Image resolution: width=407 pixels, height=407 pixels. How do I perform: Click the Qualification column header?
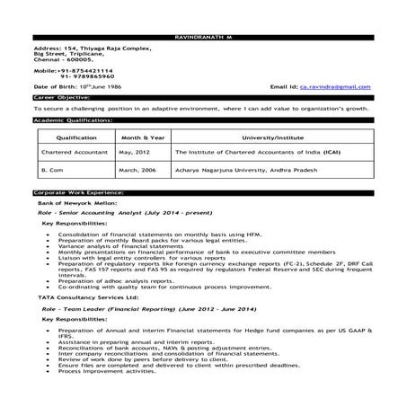(x=76, y=138)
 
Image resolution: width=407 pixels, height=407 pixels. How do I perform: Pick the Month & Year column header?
(x=139, y=138)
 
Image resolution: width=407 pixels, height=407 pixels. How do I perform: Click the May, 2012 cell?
(x=132, y=153)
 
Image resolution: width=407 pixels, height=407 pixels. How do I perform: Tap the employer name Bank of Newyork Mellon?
(x=73, y=203)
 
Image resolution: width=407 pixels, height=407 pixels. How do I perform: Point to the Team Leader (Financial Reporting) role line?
(x=125, y=306)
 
